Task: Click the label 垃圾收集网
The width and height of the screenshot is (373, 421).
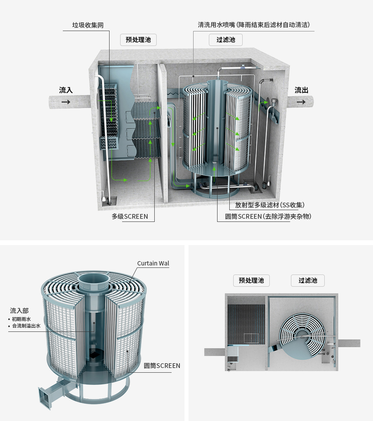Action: pos(88,25)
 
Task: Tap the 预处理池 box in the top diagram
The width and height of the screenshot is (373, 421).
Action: pos(138,40)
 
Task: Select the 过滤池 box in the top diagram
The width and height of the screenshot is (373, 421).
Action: pos(226,40)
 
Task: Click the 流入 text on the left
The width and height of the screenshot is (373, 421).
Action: pos(66,90)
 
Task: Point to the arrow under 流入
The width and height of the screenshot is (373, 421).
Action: pos(66,102)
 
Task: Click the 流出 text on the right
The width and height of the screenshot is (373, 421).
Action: pos(301,90)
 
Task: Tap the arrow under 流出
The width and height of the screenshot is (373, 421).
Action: pos(301,102)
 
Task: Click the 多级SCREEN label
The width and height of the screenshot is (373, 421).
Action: pos(130,216)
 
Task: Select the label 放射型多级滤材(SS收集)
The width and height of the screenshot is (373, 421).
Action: pos(270,205)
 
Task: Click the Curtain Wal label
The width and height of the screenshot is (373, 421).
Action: pos(153,263)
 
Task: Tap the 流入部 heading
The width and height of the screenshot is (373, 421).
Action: pos(19,311)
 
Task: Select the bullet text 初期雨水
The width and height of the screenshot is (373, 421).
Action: pos(21,319)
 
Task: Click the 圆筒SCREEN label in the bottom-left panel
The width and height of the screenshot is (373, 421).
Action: pos(162,366)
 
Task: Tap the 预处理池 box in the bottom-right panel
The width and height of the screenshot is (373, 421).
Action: pos(251,280)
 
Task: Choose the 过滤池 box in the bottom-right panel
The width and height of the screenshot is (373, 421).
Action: pos(307,280)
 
